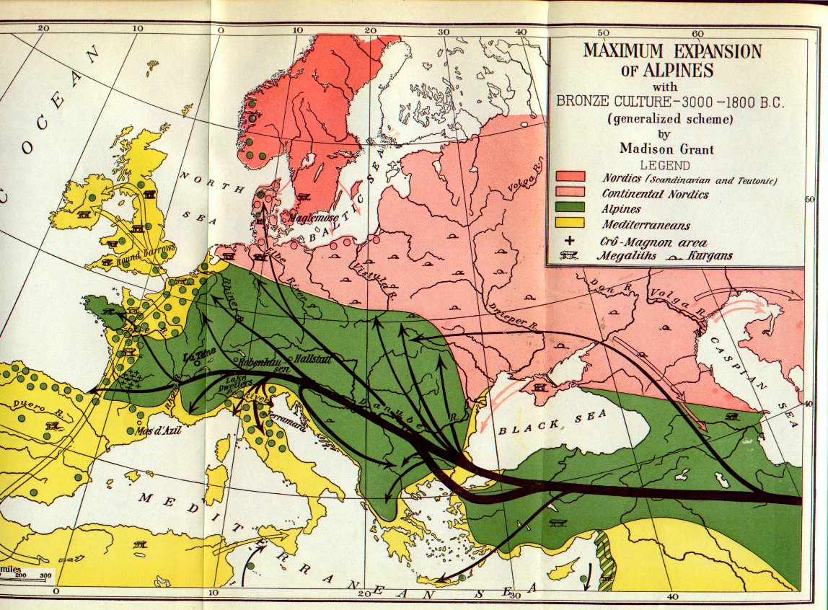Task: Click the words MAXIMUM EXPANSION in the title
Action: click(672, 52)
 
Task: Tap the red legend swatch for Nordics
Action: click(570, 177)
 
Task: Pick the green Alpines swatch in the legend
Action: click(570, 208)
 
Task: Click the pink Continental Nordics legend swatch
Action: click(570, 193)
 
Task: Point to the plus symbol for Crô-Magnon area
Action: click(571, 242)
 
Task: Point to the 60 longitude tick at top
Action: click(697, 33)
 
